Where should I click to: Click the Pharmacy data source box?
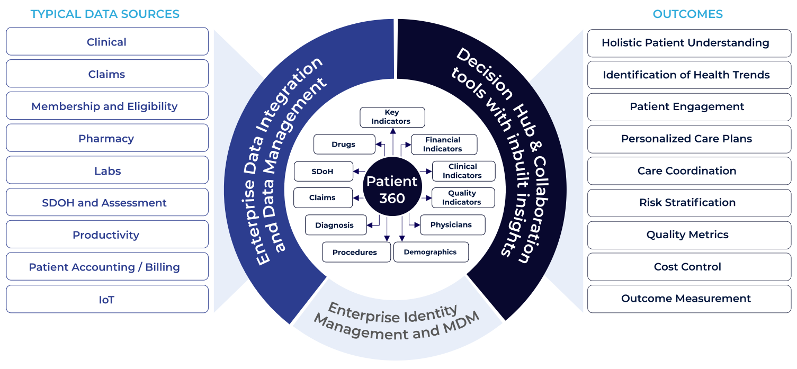107,138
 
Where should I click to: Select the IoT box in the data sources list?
107,299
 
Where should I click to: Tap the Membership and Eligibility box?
107,106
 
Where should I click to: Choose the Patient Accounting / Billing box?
107,267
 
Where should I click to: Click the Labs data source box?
107,170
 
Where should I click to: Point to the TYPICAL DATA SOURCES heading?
105,14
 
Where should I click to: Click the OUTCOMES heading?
687,14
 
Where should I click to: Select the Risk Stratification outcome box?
689,203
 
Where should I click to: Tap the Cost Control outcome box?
689,267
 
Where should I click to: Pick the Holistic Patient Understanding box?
689,43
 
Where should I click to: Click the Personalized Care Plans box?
689,139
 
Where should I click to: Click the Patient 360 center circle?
392,186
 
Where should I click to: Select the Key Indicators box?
392,117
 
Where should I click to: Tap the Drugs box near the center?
344,144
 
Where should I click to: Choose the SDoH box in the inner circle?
324,171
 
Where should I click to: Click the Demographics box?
431,252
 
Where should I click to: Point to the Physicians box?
453,224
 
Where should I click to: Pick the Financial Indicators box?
444,144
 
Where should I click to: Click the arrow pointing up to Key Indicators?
393,142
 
